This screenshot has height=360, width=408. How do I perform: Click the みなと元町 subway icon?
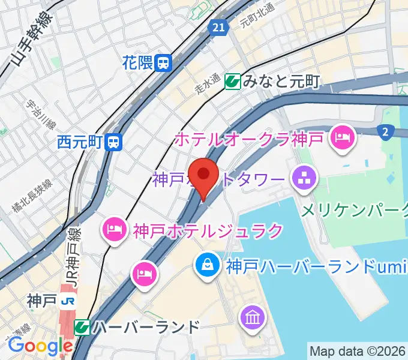pyautogui.click(x=233, y=81)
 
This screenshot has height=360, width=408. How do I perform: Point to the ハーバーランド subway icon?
pyautogui.click(x=82, y=328)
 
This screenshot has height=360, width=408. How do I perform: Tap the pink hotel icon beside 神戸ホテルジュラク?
pyautogui.click(x=113, y=229)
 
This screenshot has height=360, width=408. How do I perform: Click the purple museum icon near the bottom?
pyautogui.click(x=251, y=316)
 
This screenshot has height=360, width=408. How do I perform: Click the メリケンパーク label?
pyautogui.click(x=354, y=210)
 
